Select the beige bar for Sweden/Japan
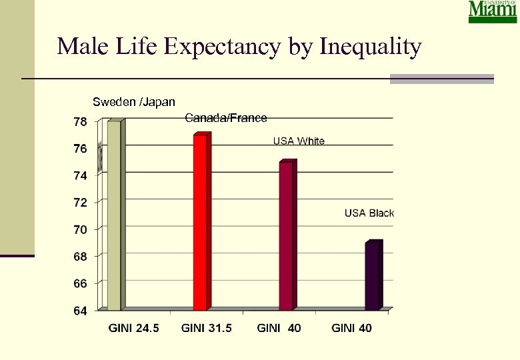[114, 215]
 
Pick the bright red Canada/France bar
[200, 221]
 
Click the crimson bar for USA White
[286, 235]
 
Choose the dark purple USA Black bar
[372, 275]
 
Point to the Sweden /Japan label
[134, 102]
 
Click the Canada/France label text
[225, 118]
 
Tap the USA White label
[299, 141]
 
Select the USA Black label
[369, 213]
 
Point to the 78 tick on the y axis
[79, 122]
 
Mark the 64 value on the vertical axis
[79, 311]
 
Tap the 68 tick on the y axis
[79, 257]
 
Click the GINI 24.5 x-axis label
[134, 328]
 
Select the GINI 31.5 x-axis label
[207, 328]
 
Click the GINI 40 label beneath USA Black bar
[351, 328]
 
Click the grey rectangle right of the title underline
[441, 79]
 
